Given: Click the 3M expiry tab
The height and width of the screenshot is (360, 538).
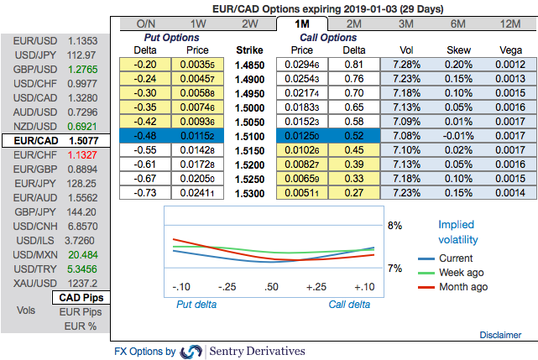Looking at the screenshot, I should click(406, 23).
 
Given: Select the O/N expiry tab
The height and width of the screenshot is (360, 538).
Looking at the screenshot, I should click(146, 23).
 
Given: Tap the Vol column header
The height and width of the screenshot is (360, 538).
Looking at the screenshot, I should click(406, 50).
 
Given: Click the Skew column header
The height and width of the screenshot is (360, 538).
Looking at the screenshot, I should click(458, 50).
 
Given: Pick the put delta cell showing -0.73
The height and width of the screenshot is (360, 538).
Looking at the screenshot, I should click(147, 193).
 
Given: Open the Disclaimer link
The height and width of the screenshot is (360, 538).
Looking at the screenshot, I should click(500, 335).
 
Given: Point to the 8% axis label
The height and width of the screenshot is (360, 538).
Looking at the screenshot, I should click(394, 226).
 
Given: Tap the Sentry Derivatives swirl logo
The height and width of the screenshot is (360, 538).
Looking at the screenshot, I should click(191, 351).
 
